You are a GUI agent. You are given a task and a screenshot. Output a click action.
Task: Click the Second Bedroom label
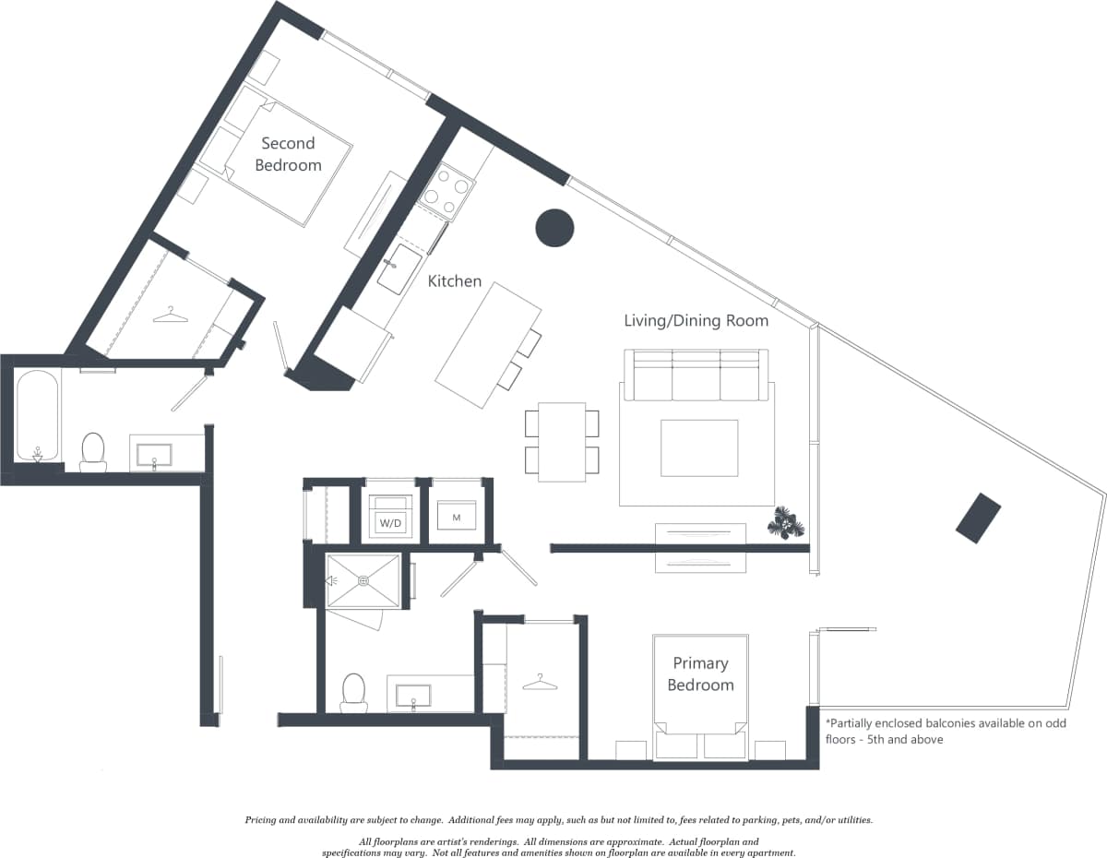[x=288, y=154]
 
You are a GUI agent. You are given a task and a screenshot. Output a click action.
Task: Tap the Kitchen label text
[x=454, y=280]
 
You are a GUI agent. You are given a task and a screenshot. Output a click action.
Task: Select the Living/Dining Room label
[x=696, y=321]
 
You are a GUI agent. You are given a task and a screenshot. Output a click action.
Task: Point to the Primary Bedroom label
[x=700, y=673]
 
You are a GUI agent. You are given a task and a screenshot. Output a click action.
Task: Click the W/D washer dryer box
[x=391, y=520]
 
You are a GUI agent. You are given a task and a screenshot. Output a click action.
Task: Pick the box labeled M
[x=456, y=517]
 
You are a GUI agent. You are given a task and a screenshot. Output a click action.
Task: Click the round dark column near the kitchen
[x=554, y=228]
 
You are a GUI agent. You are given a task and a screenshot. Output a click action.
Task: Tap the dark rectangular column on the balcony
[x=978, y=518]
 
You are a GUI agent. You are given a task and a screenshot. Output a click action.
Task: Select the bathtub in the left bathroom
[x=37, y=415]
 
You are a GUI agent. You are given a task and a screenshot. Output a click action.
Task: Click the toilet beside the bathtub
[x=93, y=451]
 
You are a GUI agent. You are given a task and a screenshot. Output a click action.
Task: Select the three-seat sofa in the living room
[x=696, y=374]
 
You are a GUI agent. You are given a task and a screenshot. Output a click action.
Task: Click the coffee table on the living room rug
[x=699, y=447]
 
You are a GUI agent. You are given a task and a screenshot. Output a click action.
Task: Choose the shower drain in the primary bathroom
[x=363, y=580]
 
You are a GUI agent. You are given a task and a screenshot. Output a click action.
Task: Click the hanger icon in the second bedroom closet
[x=171, y=316]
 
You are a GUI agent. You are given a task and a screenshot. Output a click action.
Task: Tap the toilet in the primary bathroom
[x=353, y=692]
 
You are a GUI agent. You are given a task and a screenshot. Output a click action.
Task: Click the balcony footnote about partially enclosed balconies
[x=945, y=731]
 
